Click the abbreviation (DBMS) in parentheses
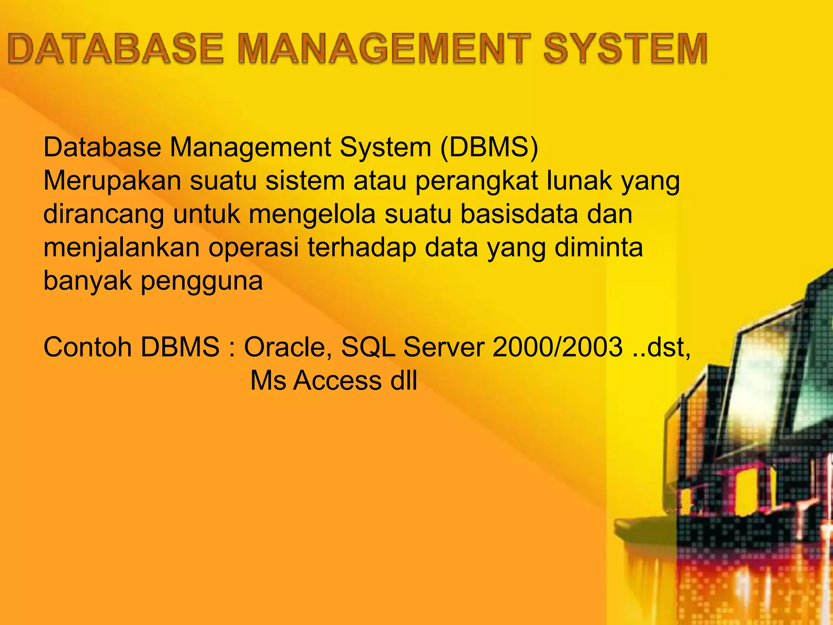tap(489, 147)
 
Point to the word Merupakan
tap(112, 181)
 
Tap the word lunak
tap(580, 181)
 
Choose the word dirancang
tap(104, 214)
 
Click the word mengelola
tap(312, 214)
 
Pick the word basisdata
tap(519, 214)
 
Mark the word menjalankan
tap(122, 248)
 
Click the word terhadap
tap(362, 248)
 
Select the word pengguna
tap(202, 282)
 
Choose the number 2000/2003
tap(558, 347)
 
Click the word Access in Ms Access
tap(338, 381)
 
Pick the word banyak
tap(88, 281)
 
